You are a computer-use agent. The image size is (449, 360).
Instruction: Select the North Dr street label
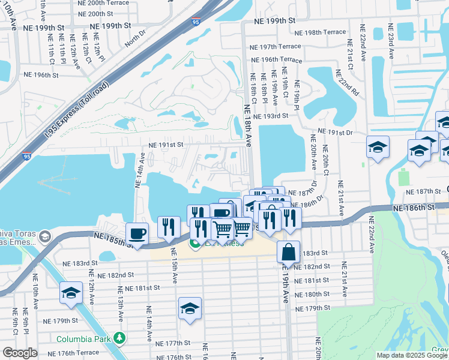(x=136, y=40)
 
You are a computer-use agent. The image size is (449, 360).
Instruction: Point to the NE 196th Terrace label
(x=276, y=60)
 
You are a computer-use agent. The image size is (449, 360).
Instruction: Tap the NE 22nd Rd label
(x=347, y=83)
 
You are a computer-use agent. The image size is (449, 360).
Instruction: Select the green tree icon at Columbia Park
(x=121, y=339)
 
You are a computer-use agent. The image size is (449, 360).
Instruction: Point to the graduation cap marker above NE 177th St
(x=190, y=308)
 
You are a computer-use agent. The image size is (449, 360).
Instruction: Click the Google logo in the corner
(x=20, y=353)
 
